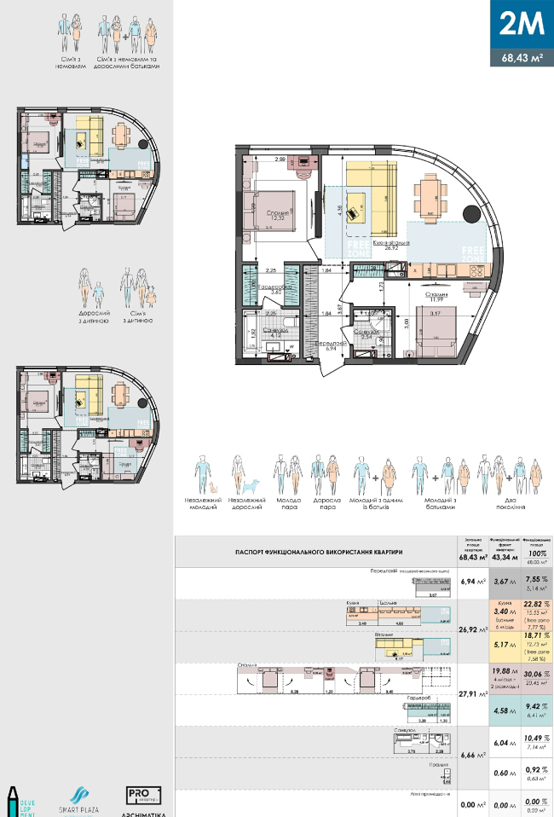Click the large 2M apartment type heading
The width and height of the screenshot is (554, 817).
pos(522,24)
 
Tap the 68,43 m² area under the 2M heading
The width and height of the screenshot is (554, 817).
pos(522,58)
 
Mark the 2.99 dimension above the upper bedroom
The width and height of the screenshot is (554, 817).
pos(280,159)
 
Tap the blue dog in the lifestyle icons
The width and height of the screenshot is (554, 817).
pos(253,484)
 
